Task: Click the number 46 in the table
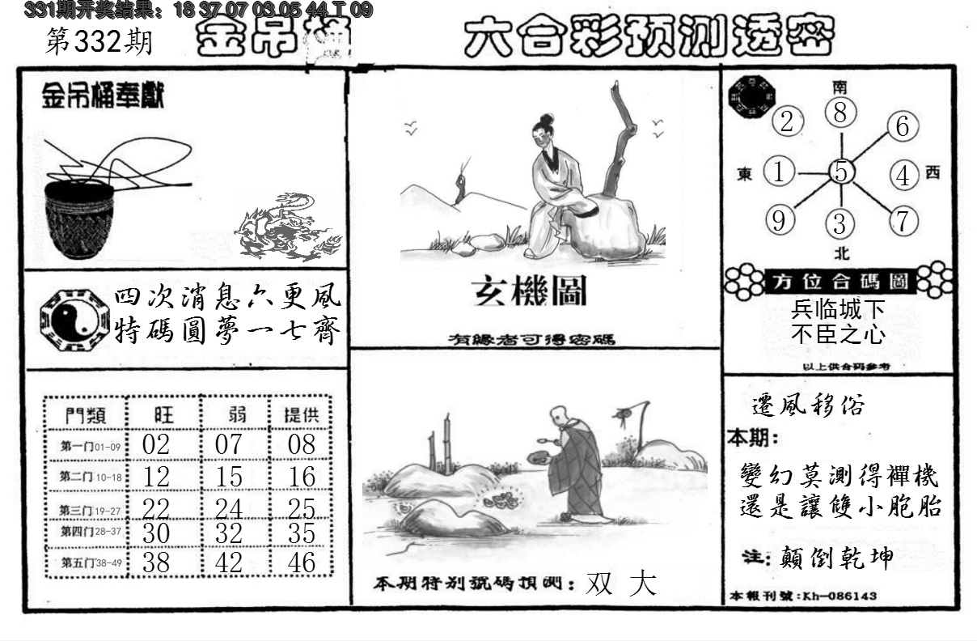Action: click(302, 562)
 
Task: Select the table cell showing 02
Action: click(155, 444)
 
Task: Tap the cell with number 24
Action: click(230, 508)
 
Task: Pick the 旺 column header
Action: click(163, 415)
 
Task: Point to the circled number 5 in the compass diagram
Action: click(842, 172)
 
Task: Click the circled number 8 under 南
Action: click(841, 112)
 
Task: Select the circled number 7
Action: click(903, 220)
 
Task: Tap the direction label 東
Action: click(745, 173)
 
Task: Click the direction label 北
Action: click(842, 253)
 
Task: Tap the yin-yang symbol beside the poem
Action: click(73, 317)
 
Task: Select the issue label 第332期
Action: click(99, 42)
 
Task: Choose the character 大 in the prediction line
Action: click(643, 584)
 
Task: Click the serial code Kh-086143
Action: click(837, 596)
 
